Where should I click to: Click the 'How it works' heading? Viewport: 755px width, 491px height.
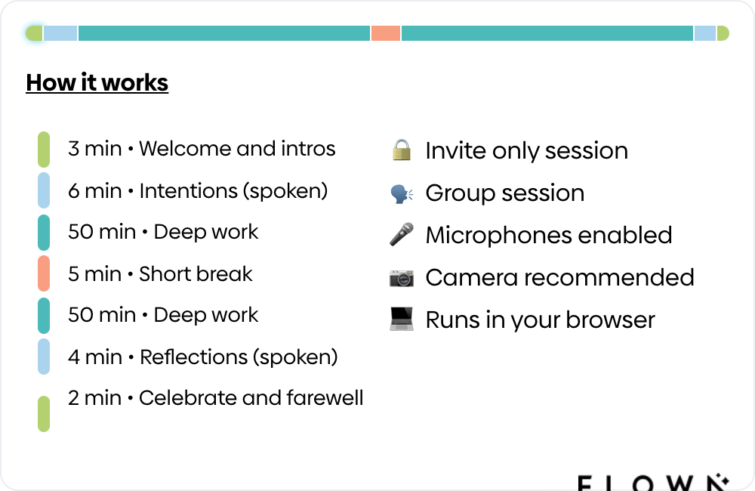tap(97, 82)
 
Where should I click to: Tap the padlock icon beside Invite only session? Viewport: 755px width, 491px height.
tap(402, 150)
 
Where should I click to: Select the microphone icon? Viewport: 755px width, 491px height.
tap(402, 234)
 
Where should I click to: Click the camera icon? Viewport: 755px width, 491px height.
tap(402, 277)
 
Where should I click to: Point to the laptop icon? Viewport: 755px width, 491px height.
tap(402, 319)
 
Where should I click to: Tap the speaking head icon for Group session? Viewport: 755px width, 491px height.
tap(402, 193)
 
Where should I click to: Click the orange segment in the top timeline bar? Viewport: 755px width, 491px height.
tap(386, 33)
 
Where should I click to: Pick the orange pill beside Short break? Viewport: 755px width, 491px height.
tap(44, 273)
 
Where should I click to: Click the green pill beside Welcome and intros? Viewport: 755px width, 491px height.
tap(44, 149)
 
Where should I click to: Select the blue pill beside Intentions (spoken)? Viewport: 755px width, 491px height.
tap(44, 190)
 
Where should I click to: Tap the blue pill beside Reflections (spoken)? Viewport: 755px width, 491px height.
tap(44, 357)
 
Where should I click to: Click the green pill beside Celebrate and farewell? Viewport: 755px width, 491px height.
tap(44, 413)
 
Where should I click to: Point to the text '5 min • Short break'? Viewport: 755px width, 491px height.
tap(160, 273)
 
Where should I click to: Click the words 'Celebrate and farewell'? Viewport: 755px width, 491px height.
tap(251, 397)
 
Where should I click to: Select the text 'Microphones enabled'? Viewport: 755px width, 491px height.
tap(549, 235)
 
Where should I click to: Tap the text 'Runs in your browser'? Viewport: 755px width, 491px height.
tap(540, 320)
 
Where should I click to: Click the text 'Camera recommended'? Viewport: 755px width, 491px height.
tap(559, 277)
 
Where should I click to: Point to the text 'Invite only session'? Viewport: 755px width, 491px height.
tap(526, 150)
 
